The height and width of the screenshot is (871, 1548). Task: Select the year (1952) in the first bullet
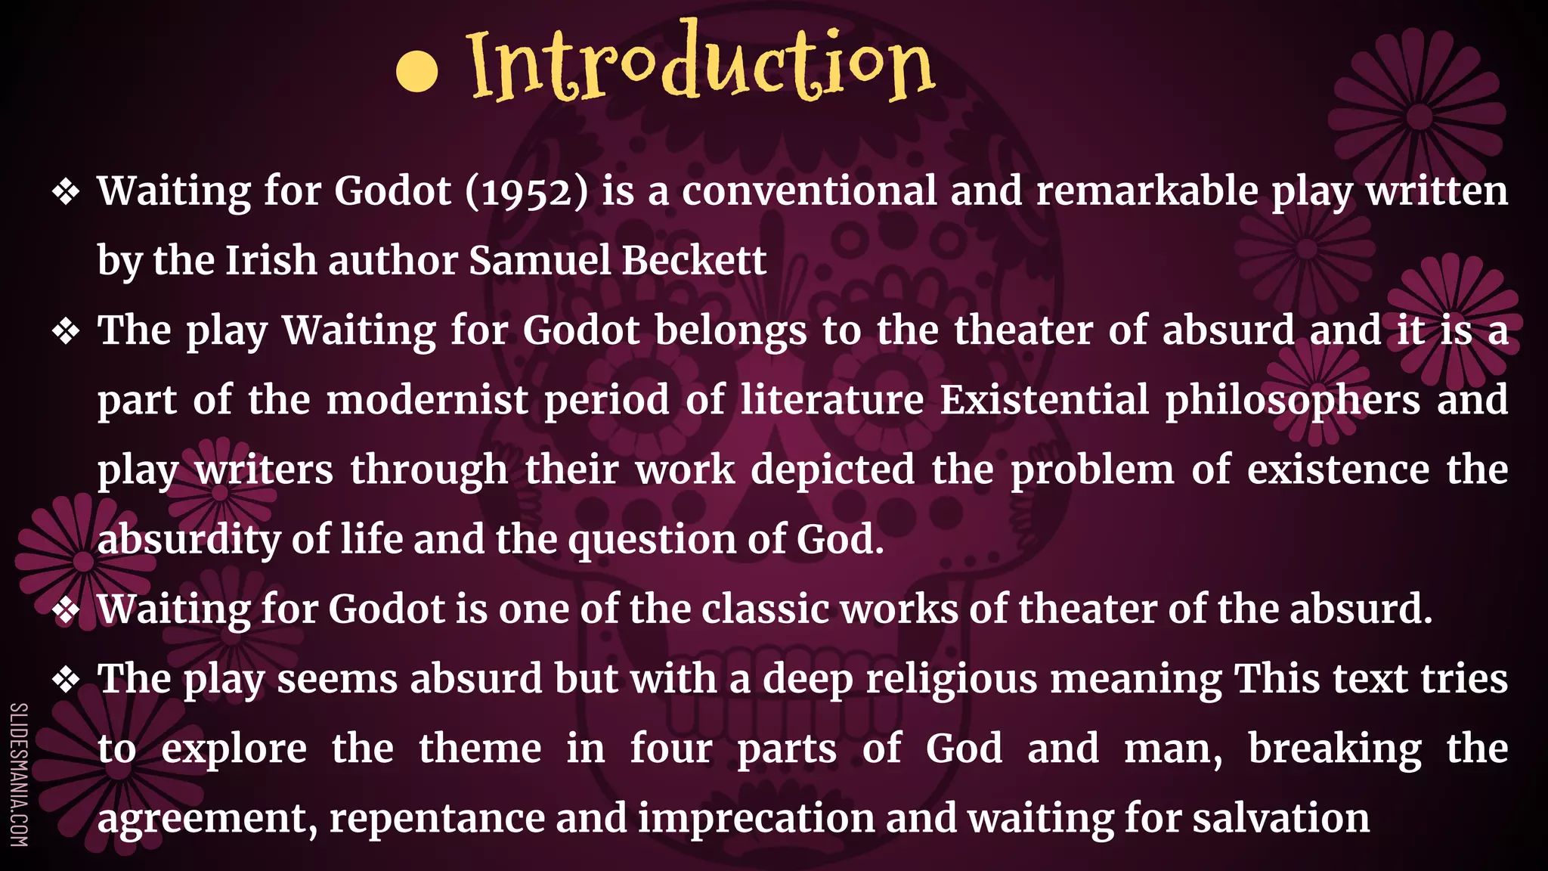[x=526, y=191]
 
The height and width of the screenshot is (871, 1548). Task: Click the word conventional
[x=810, y=191]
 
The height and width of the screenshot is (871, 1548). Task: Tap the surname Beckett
[x=694, y=261]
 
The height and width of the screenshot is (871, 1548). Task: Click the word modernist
[x=427, y=400]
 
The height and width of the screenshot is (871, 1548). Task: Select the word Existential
[x=1044, y=400]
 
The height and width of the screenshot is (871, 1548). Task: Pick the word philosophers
[x=1292, y=401]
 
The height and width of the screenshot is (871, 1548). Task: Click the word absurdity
[x=189, y=540]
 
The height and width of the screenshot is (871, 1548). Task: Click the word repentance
[x=436, y=819]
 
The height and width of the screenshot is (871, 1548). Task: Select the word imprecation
[x=756, y=819]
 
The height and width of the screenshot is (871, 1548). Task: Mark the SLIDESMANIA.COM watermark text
[x=19, y=774]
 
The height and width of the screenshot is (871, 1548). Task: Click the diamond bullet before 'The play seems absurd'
[x=67, y=680]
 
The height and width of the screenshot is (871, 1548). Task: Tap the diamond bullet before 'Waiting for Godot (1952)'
[x=67, y=192]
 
